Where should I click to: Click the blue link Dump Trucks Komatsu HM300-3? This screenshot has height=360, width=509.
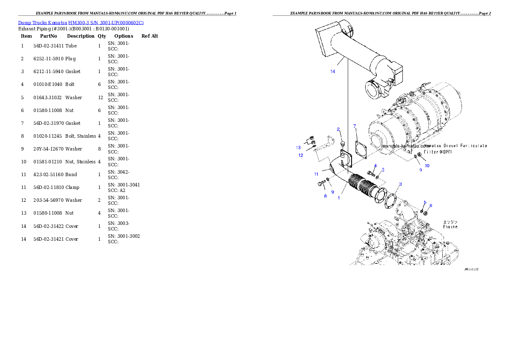pyautogui.click(x=81, y=22)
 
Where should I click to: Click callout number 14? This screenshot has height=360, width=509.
pyautogui.click(x=332, y=71)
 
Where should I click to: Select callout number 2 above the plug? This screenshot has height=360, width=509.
pyautogui.click(x=338, y=129)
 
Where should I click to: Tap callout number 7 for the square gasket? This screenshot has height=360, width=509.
pyautogui.click(x=355, y=126)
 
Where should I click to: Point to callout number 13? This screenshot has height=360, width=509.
pyautogui.click(x=298, y=148)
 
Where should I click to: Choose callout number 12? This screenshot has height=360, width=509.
pyautogui.click(x=301, y=155)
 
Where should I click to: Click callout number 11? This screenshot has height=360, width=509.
pyautogui.click(x=316, y=174)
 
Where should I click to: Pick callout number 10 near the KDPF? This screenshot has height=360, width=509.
pyautogui.click(x=427, y=165)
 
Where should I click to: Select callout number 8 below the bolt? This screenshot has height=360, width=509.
pyautogui.click(x=325, y=196)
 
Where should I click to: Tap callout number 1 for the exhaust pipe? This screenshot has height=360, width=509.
pyautogui.click(x=339, y=198)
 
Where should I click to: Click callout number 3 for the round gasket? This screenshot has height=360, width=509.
pyautogui.click(x=400, y=184)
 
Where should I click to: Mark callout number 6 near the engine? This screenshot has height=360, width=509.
pyautogui.click(x=430, y=206)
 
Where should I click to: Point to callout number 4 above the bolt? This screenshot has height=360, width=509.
pyautogui.click(x=375, y=165)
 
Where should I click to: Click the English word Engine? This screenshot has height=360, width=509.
pyautogui.click(x=450, y=227)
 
